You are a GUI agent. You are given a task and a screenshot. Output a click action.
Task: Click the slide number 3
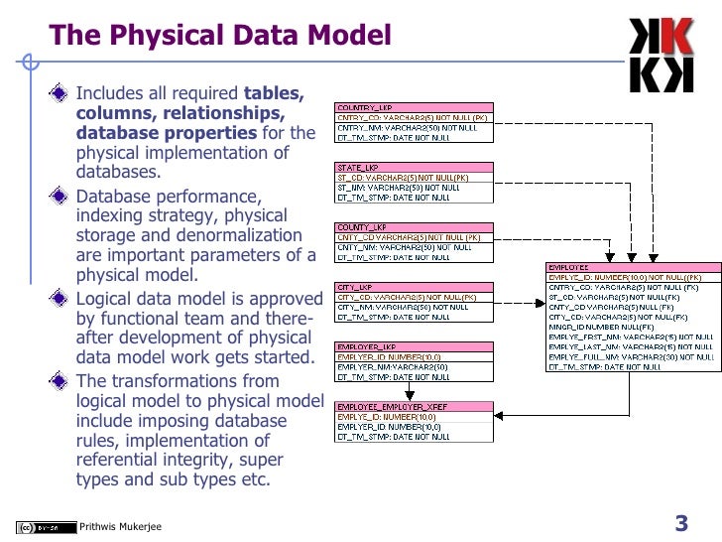click(681, 522)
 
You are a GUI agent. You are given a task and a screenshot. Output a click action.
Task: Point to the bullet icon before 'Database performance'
click(63, 194)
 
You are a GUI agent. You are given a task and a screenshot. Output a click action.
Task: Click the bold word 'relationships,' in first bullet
click(190, 113)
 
